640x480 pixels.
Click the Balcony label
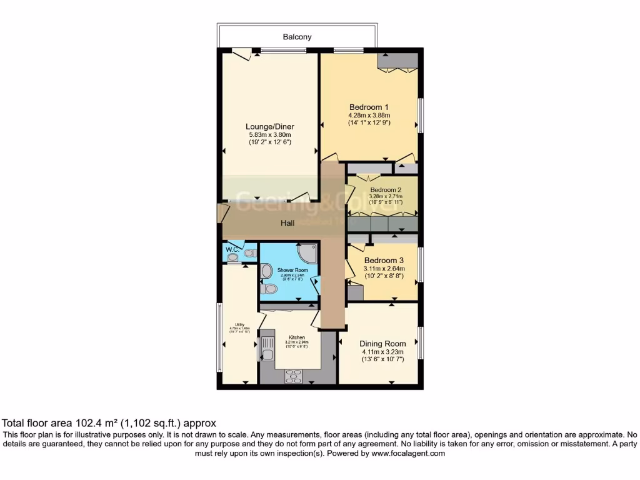pos(297,37)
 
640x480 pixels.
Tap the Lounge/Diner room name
pos(269,127)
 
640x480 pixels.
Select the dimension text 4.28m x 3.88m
pos(369,115)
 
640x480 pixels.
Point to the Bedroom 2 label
pos(385,189)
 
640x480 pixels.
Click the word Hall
pos(287,223)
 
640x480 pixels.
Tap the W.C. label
pos(232,249)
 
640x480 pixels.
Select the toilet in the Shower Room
pos(270,289)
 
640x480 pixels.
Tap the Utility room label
pos(239,324)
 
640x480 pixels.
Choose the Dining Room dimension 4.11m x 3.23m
pos(382,352)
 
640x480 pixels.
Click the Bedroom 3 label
pos(384,260)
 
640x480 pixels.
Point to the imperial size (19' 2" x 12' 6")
pos(269,142)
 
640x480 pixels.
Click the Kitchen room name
pos(297,337)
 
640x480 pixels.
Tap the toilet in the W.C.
pos(249,253)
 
